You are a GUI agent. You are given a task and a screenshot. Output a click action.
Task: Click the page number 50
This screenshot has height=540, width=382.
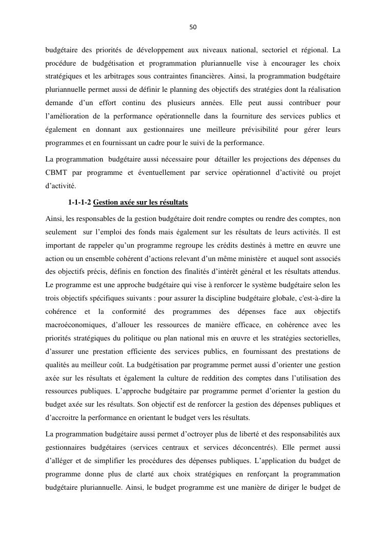click(193, 27)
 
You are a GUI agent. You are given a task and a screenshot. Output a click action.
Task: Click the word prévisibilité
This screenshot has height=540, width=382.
click(270, 130)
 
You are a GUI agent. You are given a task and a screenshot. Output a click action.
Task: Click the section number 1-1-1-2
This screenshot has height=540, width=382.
click(79, 203)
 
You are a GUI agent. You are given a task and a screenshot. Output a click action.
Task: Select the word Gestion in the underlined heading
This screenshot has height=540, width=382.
click(107, 203)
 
